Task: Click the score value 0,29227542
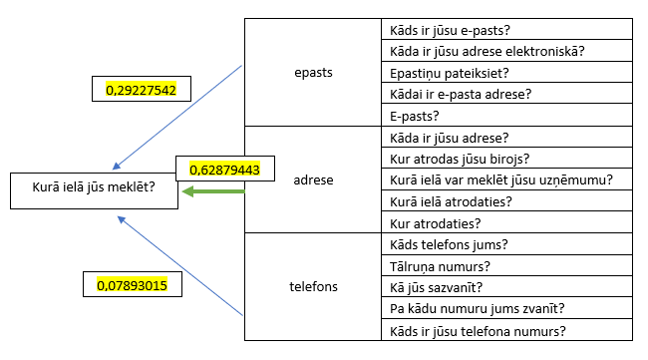(x=141, y=90)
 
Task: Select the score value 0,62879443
(x=224, y=170)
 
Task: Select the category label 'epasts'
(x=313, y=74)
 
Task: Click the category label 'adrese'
(x=314, y=180)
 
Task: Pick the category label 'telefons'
(x=313, y=287)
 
